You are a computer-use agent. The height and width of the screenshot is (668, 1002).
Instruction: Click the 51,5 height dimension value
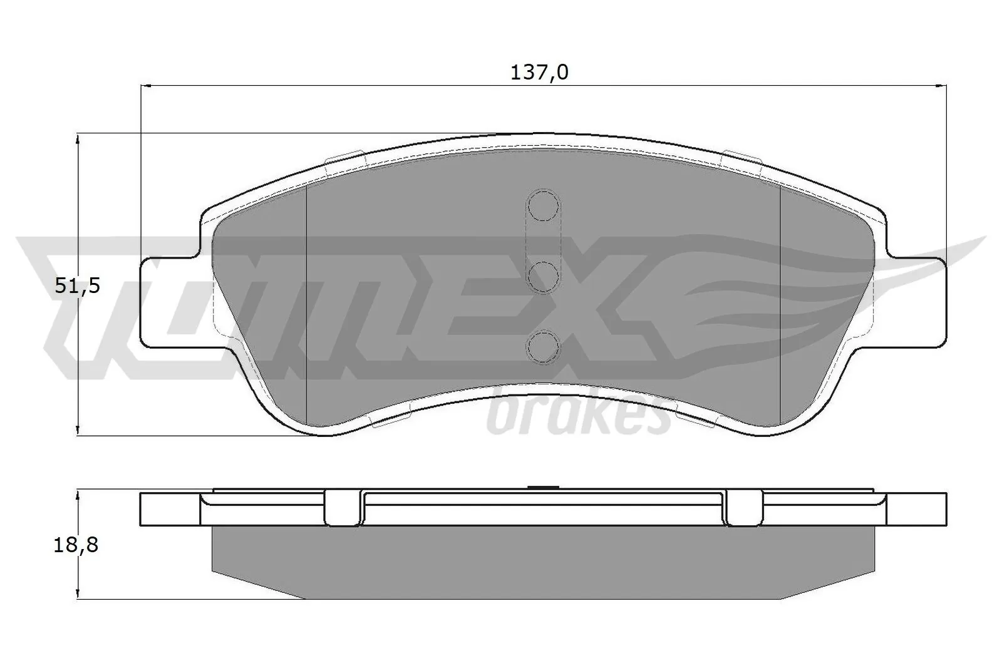pos(78,286)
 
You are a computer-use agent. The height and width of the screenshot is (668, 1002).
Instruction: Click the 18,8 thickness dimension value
pos(76,545)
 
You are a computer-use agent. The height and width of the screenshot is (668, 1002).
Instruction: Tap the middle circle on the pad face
pos(543,276)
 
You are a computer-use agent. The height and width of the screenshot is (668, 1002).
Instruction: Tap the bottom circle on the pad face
pos(543,346)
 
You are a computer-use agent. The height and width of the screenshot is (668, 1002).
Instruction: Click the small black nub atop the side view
pos(543,488)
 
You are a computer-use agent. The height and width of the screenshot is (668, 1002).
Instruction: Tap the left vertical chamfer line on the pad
pos(306,301)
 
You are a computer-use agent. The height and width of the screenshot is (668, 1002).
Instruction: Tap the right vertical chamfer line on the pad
pos(780,301)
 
